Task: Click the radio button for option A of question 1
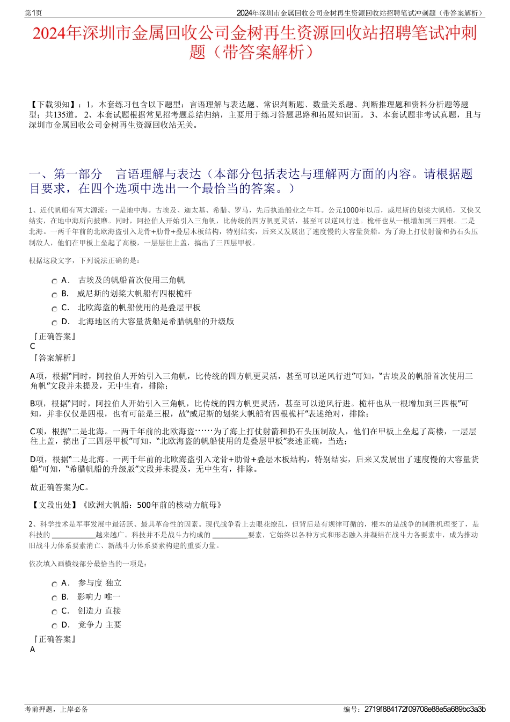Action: tap(54, 281)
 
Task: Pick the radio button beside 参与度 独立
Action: tap(54, 584)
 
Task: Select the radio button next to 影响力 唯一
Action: tap(54, 598)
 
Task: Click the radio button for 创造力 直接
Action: tap(54, 612)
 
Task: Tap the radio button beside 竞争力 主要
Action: tap(54, 626)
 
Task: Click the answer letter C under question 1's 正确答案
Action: tap(33, 346)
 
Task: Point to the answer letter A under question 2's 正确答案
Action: tap(33, 650)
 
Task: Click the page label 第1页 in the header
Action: tap(33, 13)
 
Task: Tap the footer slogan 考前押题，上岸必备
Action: tap(56, 709)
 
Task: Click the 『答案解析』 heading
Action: tap(54, 358)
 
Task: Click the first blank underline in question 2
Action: tap(74, 535)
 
